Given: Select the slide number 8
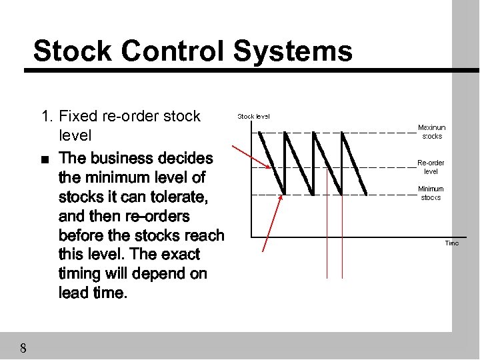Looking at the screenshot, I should pos(23,348).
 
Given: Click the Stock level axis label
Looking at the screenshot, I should pos(254,116).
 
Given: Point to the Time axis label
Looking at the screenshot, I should pos(452,243).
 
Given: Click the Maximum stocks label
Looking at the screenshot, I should pos(431,132).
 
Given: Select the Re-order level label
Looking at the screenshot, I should pos(431,167).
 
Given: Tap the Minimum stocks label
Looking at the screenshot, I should pos(431,193).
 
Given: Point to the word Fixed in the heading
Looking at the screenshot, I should pos(78,116).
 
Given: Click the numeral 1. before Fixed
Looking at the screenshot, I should pos(47,116).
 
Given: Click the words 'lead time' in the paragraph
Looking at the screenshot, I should pos(91,293).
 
